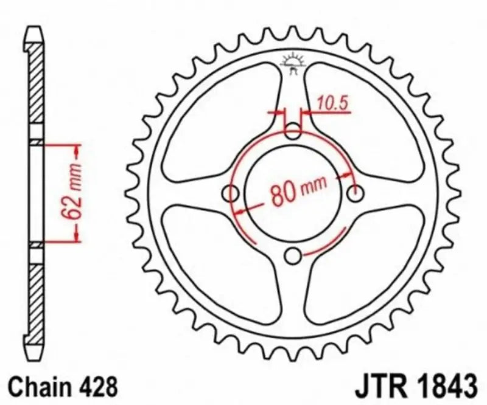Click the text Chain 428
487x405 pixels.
pyautogui.click(x=61, y=386)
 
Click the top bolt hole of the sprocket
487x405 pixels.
pyautogui.click(x=294, y=130)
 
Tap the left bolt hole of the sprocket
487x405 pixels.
pyautogui.click(x=231, y=193)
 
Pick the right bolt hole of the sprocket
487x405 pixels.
pyautogui.click(x=357, y=193)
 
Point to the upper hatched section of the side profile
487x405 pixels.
pyautogui.click(x=37, y=91)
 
